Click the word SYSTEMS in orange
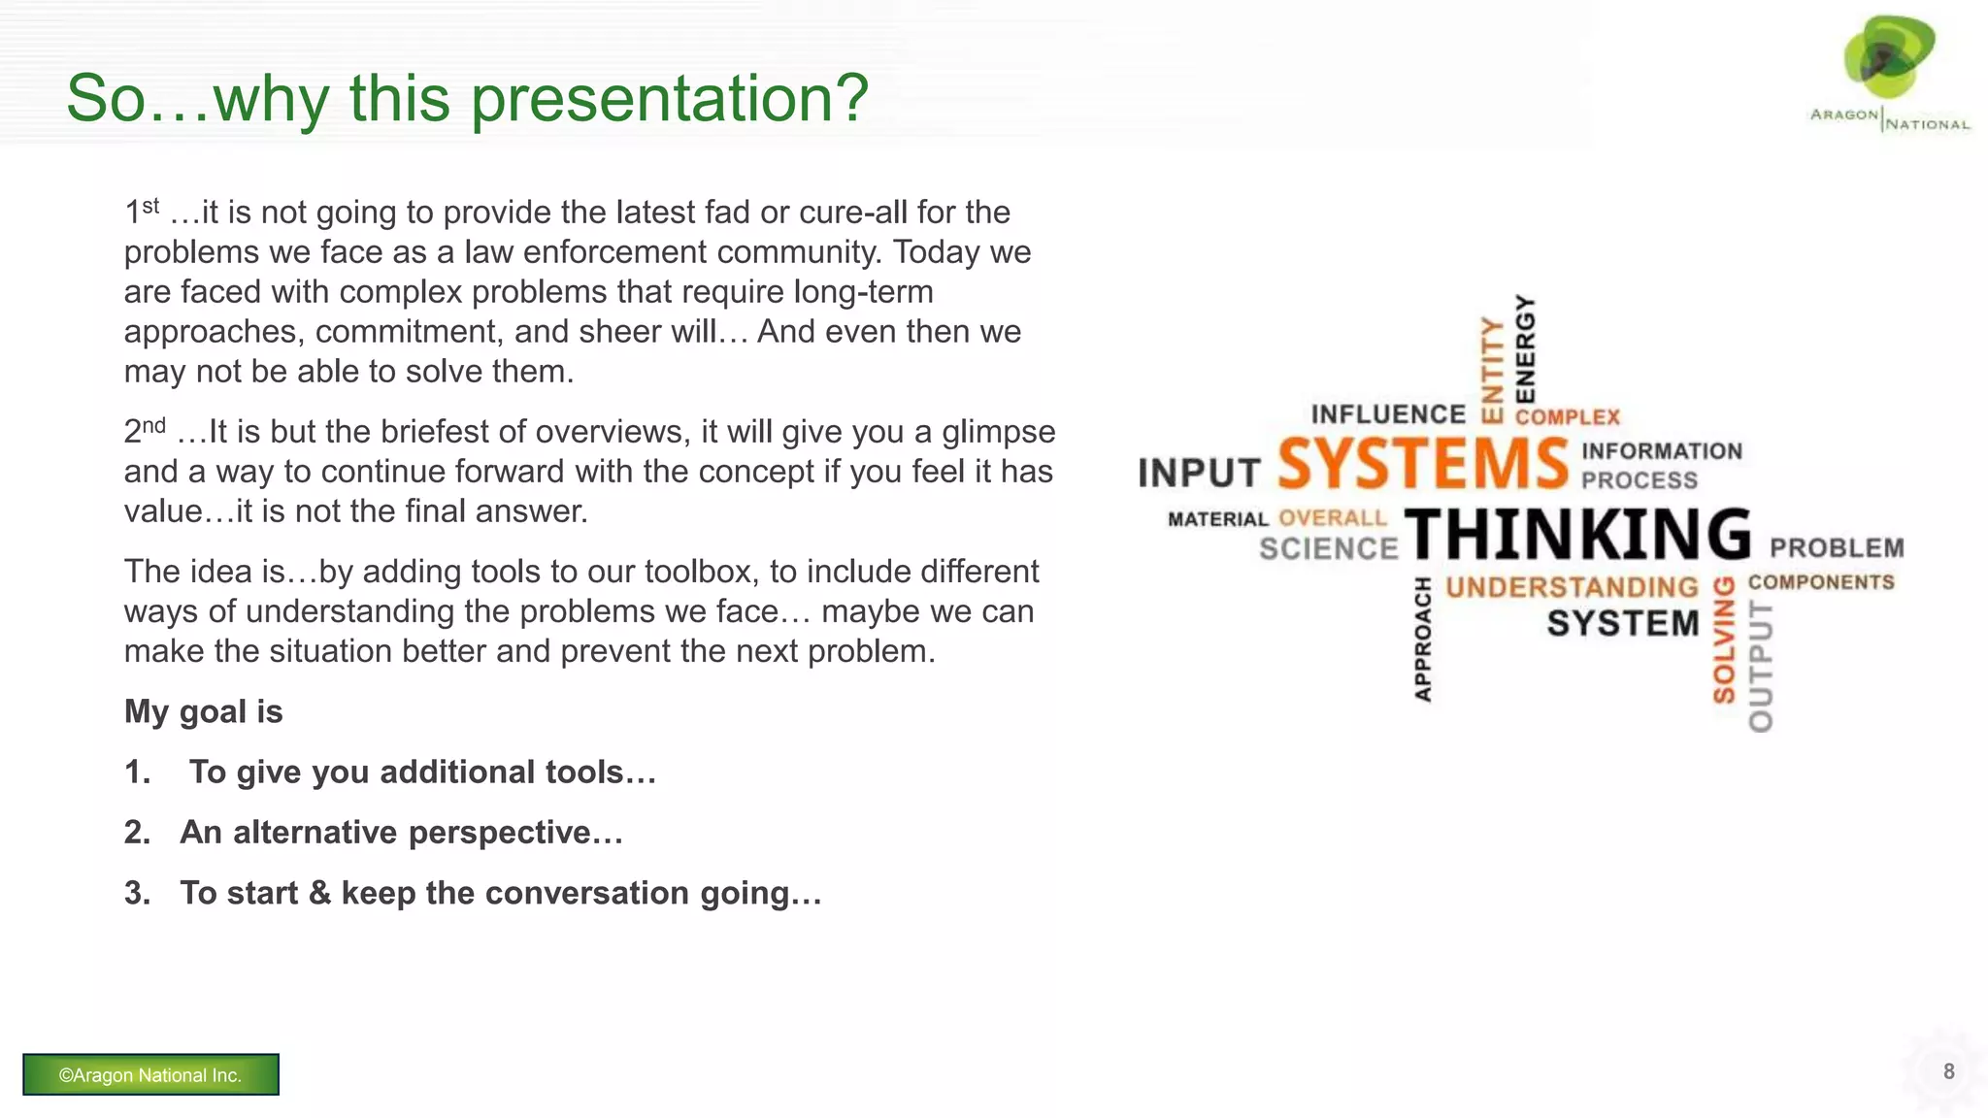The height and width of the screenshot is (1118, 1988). point(1422,464)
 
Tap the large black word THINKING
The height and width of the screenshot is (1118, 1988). point(1577,535)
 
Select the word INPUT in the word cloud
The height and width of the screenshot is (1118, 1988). point(1199,474)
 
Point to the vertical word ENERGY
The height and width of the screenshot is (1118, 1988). point(1526,349)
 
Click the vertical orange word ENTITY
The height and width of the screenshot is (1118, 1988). point(1492,370)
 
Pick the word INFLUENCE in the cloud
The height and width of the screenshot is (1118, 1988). point(1388,414)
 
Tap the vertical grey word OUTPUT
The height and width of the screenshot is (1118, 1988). point(1761,666)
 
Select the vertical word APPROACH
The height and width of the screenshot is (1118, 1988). point(1423,639)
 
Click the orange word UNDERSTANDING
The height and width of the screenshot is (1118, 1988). point(1572,587)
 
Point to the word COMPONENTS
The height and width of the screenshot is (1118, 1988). point(1821,582)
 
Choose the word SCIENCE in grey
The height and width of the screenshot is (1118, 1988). point(1328,549)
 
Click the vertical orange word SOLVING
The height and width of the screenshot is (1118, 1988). point(1724,640)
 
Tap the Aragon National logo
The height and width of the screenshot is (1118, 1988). point(1889,73)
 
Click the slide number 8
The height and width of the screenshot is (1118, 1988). point(1948,1071)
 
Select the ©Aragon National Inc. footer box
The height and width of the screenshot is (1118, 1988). point(150,1074)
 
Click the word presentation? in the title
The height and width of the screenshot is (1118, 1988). point(670,99)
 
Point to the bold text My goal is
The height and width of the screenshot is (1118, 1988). point(203,711)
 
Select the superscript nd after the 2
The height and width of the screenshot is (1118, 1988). point(153,425)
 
